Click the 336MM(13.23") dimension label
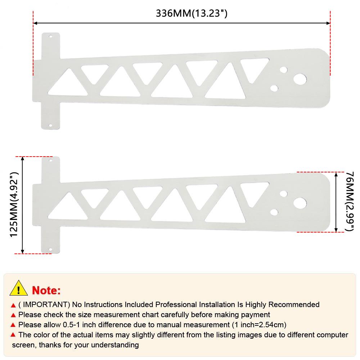[192, 13]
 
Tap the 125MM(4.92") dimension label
[14, 204]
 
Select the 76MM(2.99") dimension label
[350, 202]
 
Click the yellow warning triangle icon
[19, 288]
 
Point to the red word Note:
[46, 291]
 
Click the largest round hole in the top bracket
[300, 79]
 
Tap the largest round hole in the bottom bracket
[300, 203]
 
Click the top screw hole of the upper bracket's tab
[51, 36]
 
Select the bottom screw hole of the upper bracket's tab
[51, 125]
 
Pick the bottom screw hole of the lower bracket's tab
[51, 249]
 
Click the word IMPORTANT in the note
[46, 305]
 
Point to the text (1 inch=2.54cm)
[259, 325]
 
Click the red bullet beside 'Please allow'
[13, 325]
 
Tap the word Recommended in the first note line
[294, 305]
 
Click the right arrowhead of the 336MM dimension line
[328, 23]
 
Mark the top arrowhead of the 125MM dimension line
[22, 158]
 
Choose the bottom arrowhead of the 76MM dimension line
[336, 230]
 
